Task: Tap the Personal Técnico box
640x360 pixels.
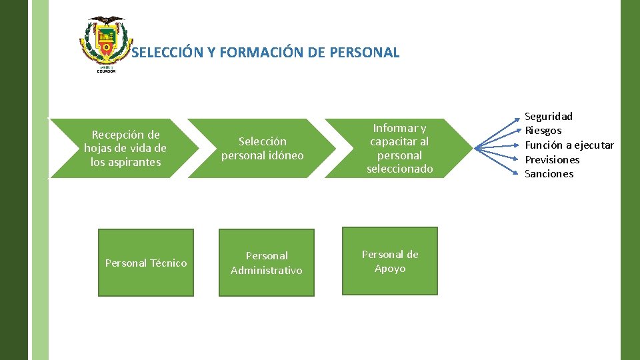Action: pyautogui.click(x=146, y=263)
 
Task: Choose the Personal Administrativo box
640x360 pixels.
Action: pyautogui.click(x=266, y=263)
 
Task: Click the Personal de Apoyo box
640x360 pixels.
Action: pyautogui.click(x=390, y=261)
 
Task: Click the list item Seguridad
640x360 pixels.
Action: pyautogui.click(x=548, y=117)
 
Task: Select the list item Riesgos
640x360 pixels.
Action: pyautogui.click(x=543, y=131)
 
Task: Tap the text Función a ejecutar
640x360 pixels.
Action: pyautogui.click(x=569, y=145)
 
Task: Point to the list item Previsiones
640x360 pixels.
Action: pyautogui.click(x=552, y=159)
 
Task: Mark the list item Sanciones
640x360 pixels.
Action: pyautogui.click(x=549, y=174)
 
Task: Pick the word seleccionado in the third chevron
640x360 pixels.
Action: pyautogui.click(x=399, y=169)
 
